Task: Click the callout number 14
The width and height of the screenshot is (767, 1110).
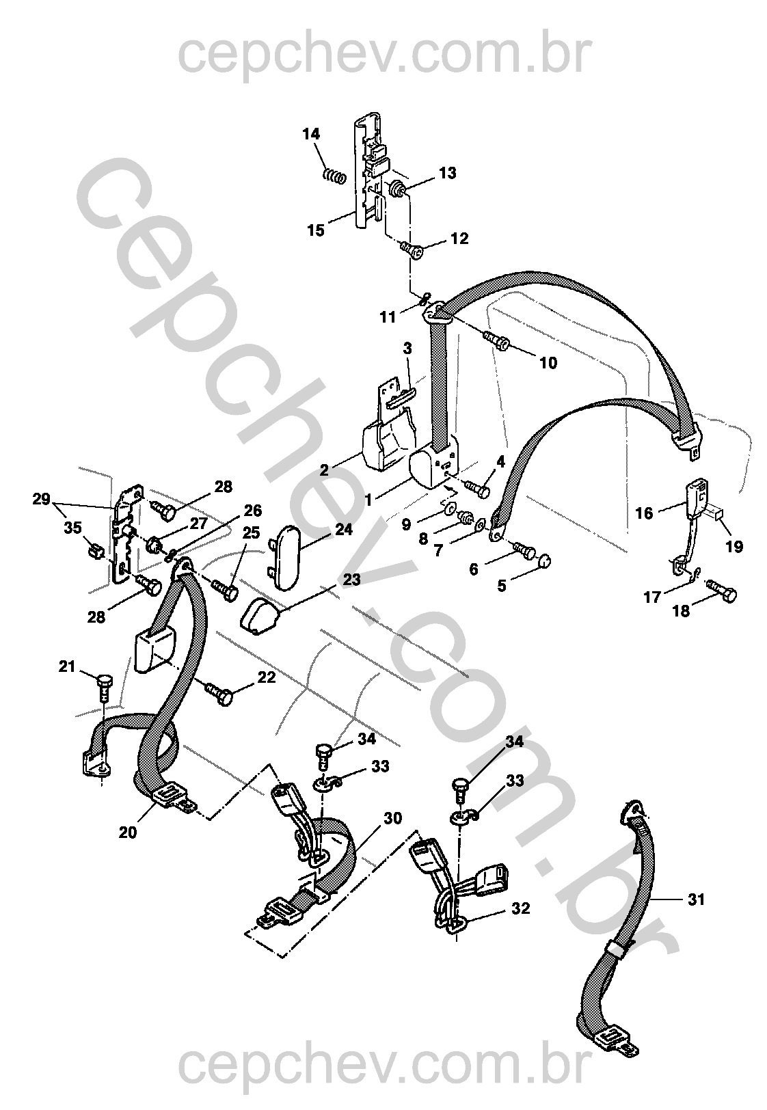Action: (312, 134)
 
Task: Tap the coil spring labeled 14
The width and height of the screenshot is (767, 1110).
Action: (334, 176)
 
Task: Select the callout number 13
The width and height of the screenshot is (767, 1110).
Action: (447, 174)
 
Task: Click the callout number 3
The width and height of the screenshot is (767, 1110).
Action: (407, 349)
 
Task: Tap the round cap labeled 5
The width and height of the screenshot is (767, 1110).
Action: (544, 561)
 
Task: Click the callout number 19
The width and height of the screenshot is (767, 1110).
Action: (734, 547)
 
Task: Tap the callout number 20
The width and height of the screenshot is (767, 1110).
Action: (127, 832)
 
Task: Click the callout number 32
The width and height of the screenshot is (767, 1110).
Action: (521, 908)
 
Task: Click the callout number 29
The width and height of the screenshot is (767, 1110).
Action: (42, 499)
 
